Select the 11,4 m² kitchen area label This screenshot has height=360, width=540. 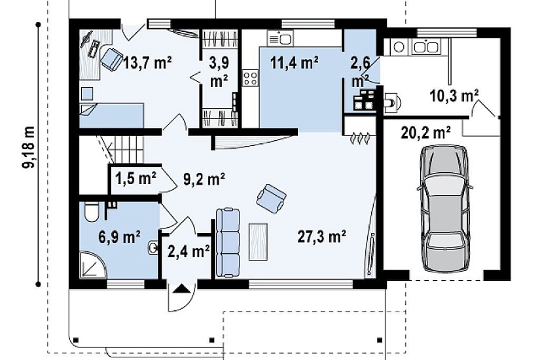coord(295,63)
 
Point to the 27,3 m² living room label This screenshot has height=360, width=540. coord(321,237)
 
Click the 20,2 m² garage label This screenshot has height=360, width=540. coord(426,132)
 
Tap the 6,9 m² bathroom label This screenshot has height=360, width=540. coord(119,237)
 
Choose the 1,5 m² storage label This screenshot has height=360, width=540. coord(135,178)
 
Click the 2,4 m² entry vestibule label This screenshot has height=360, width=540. coord(189,251)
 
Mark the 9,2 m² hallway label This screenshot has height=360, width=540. coord(204,179)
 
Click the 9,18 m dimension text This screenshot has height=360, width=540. coord(29,147)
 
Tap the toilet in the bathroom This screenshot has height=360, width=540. coord(92,211)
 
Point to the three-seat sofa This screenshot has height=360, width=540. coord(228,243)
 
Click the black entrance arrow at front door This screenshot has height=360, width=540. coord(181,289)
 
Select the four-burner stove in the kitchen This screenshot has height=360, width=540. coord(251,77)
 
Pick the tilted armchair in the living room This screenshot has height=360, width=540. coord(272,198)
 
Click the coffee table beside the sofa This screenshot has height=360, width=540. coord(258,242)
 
